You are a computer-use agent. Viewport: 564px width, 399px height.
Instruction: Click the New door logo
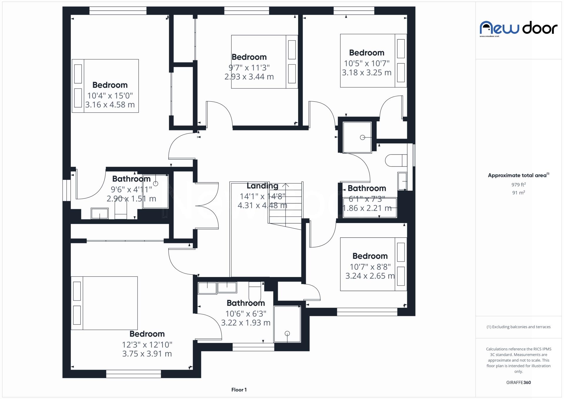[518, 28]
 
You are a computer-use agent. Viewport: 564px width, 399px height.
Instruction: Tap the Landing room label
[262, 186]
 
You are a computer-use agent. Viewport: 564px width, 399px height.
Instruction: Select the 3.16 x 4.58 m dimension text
[110, 105]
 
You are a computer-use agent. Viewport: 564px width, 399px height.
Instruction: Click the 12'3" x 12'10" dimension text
[147, 344]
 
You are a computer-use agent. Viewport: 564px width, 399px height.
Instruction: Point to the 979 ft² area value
[518, 185]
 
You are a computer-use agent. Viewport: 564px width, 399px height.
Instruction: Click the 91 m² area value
[518, 193]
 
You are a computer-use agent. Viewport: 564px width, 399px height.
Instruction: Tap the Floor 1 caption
[239, 390]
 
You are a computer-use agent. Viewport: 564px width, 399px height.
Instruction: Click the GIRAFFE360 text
[518, 382]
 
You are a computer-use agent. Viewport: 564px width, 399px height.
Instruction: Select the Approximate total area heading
[518, 175]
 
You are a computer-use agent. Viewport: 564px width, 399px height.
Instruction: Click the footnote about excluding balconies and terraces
[518, 327]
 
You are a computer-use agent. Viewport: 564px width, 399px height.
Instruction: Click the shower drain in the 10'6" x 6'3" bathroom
[287, 333]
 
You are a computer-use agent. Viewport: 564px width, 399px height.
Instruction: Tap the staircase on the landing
[286, 206]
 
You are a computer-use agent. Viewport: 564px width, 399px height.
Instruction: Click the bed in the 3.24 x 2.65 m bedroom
[373, 264]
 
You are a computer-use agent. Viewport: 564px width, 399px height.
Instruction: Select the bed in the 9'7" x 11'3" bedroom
[264, 62]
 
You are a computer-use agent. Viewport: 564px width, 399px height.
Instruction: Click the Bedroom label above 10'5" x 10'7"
[367, 53]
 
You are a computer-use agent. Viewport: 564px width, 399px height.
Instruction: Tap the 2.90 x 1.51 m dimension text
[131, 199]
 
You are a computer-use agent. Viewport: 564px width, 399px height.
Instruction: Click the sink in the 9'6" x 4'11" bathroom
[100, 213]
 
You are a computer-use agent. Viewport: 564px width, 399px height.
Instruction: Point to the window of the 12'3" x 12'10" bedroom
[133, 374]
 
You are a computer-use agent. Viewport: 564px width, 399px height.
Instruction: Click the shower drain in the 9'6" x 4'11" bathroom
[156, 184]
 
